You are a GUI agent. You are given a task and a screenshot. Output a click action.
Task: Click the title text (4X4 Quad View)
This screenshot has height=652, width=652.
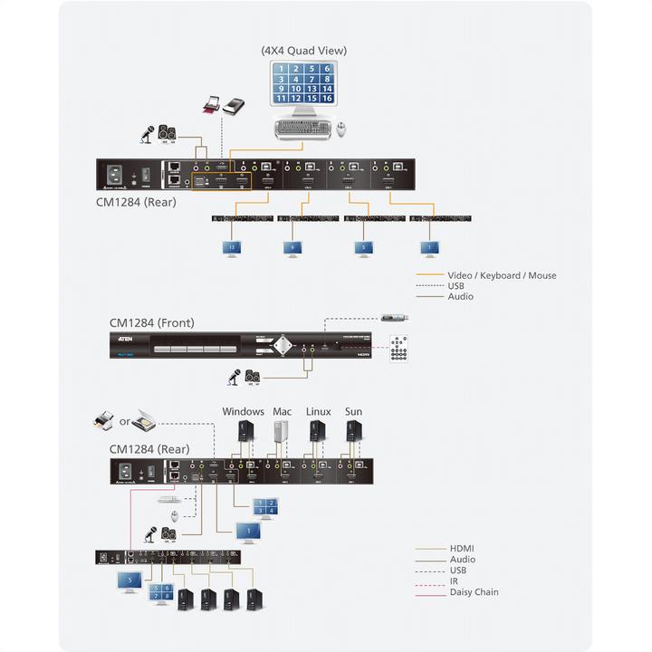coord(303,51)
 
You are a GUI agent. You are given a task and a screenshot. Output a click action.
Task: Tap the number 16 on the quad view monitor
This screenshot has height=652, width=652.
coord(326,100)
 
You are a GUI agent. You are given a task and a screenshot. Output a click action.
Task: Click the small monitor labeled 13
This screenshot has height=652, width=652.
coord(231,247)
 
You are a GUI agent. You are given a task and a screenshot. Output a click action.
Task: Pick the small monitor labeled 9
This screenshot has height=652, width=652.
coord(292,247)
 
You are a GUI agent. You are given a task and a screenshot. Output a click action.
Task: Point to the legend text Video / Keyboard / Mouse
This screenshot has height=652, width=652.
coord(502,275)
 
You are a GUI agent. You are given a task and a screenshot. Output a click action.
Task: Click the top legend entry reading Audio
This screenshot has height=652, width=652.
coord(460,297)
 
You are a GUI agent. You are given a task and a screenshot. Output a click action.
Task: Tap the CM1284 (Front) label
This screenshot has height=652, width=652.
coord(151,322)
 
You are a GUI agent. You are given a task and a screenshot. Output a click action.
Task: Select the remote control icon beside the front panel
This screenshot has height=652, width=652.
coord(399,347)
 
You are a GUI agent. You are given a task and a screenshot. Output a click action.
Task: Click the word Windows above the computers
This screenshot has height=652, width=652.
coord(243,412)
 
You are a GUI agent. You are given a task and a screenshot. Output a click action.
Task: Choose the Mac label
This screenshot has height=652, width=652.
coord(282,412)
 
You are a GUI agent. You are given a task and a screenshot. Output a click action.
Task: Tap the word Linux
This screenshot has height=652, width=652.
coord(318,412)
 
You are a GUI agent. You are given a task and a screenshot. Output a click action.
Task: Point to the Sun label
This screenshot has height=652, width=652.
coord(353,412)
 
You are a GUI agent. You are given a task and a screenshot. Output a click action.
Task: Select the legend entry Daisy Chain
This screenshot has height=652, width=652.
coord(474,592)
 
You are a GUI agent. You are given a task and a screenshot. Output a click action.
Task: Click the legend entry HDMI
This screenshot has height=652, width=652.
coord(462,549)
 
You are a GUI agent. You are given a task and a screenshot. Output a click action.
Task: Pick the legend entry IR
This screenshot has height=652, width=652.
coord(454,581)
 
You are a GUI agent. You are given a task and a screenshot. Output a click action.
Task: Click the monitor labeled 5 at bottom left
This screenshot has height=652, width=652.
coord(129,581)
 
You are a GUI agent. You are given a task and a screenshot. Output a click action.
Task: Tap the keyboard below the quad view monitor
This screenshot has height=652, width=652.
coord(303,129)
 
